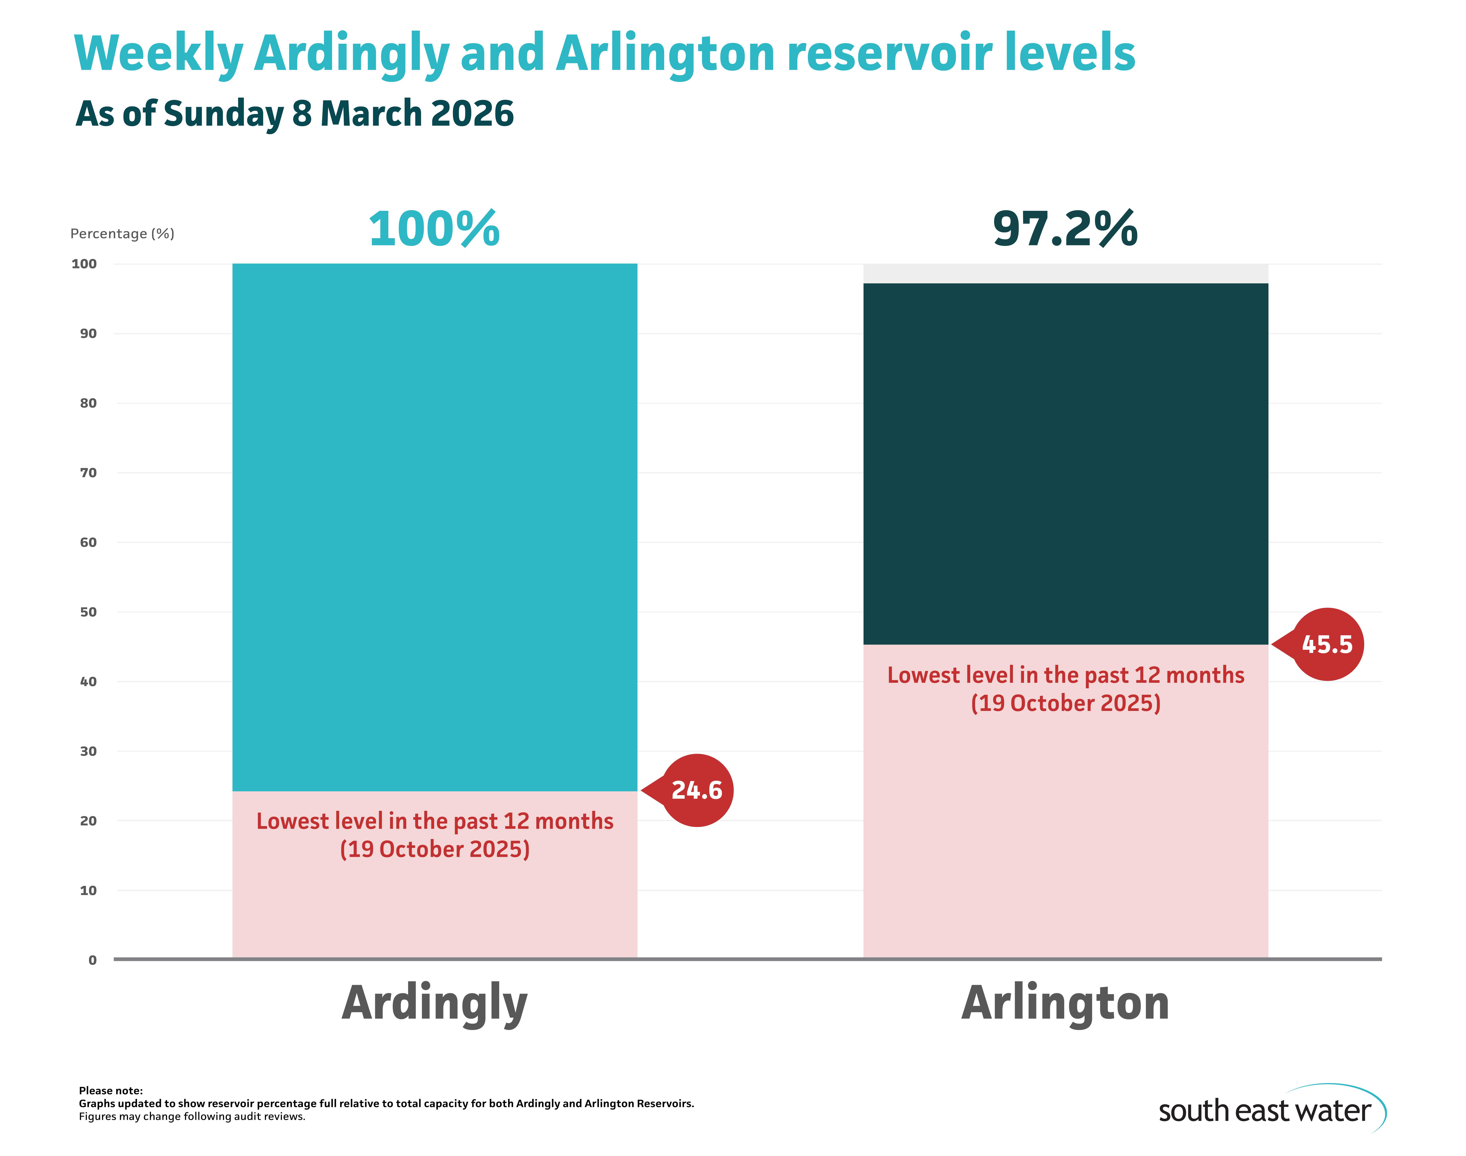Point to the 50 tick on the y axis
click(88, 612)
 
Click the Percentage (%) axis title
click(122, 234)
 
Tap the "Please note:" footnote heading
click(110, 1090)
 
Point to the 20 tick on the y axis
click(88, 821)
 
